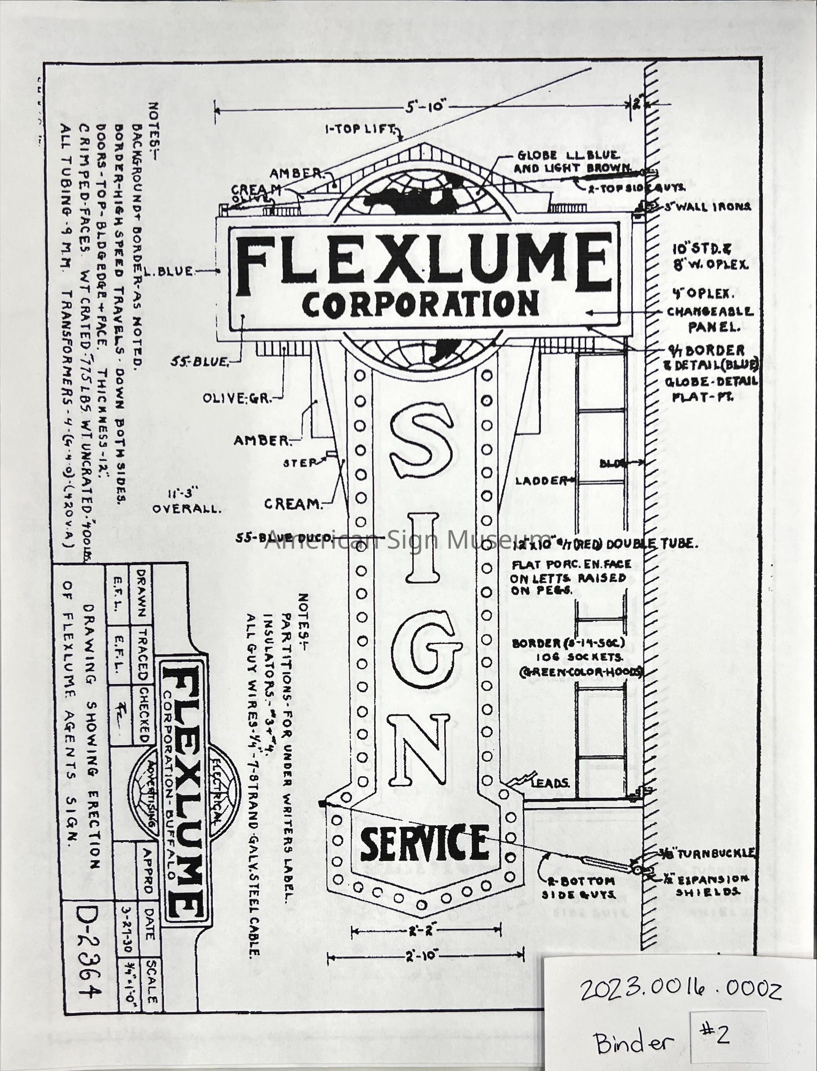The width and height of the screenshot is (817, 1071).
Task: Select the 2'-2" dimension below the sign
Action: click(x=425, y=931)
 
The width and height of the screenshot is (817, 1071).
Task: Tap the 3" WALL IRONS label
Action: click(x=708, y=207)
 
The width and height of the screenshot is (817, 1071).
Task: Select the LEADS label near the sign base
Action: click(x=550, y=783)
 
